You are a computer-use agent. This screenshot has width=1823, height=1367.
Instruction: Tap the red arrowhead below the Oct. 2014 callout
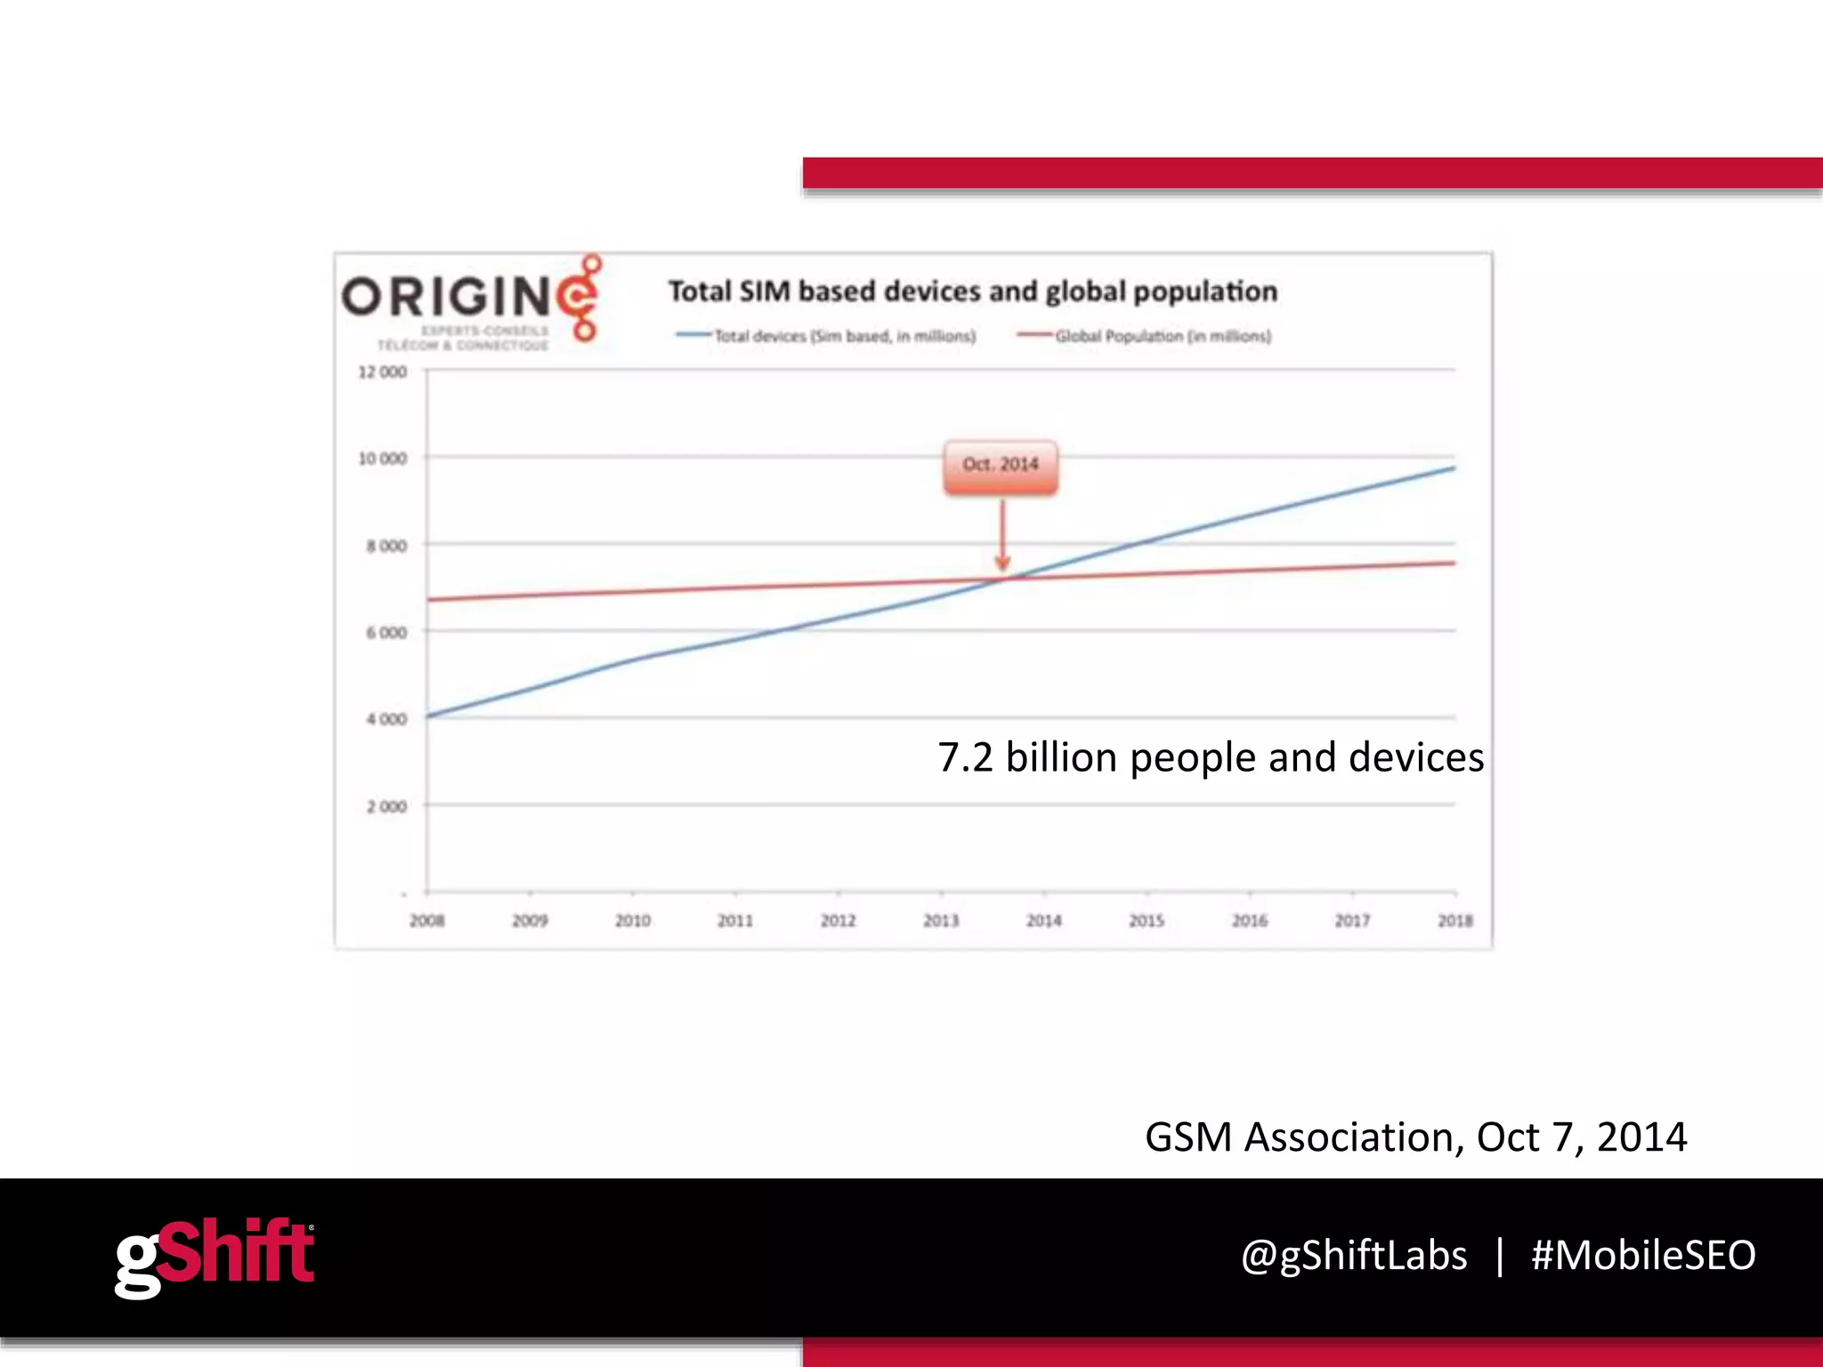pyautogui.click(x=1002, y=563)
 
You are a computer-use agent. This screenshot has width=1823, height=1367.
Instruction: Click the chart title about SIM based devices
pyautogui.click(x=973, y=292)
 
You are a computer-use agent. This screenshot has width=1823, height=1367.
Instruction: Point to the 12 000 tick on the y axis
pyautogui.click(x=383, y=372)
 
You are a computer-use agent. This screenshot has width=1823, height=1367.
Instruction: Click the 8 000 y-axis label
pyautogui.click(x=386, y=546)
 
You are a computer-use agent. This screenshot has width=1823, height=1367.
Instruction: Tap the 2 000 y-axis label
pyautogui.click(x=386, y=806)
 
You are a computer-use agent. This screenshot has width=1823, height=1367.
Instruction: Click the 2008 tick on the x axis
pyautogui.click(x=427, y=920)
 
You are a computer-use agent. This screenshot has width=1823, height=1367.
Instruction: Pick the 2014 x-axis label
pyautogui.click(x=1043, y=920)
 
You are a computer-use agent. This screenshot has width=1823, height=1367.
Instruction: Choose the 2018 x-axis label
pyautogui.click(x=1454, y=920)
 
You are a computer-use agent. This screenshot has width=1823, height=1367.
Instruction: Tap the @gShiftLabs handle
pyautogui.click(x=1354, y=1256)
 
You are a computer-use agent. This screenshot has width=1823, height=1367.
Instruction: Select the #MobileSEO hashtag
pyautogui.click(x=1643, y=1256)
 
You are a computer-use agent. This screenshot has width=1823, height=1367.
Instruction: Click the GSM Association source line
pyautogui.click(x=1415, y=1137)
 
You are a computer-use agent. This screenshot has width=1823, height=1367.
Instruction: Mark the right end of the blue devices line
pyautogui.click(x=1454, y=468)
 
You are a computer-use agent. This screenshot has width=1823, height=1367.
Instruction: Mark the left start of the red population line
pyautogui.click(x=430, y=599)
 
